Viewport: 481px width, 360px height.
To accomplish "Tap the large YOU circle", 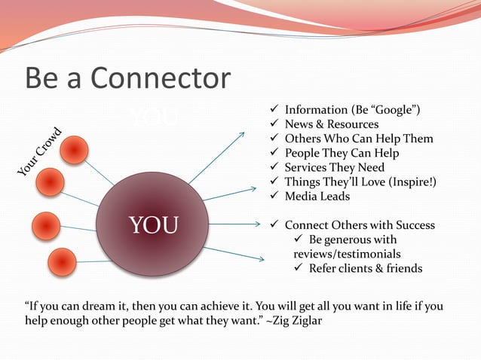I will pos(153,224).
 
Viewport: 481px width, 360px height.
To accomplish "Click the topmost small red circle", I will pos(74,151).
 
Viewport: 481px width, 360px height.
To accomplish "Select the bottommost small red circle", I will pos(61,262).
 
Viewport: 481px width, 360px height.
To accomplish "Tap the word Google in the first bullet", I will pos(389,110).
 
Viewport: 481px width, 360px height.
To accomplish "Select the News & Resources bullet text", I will pos(331,124).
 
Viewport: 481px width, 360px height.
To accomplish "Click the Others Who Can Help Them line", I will pos(358,139).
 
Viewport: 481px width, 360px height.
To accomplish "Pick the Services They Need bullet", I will pos(334,167).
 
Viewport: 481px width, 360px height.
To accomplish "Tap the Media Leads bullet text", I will pos(317,196).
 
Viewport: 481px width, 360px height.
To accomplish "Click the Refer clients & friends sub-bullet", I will pos(366,268).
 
